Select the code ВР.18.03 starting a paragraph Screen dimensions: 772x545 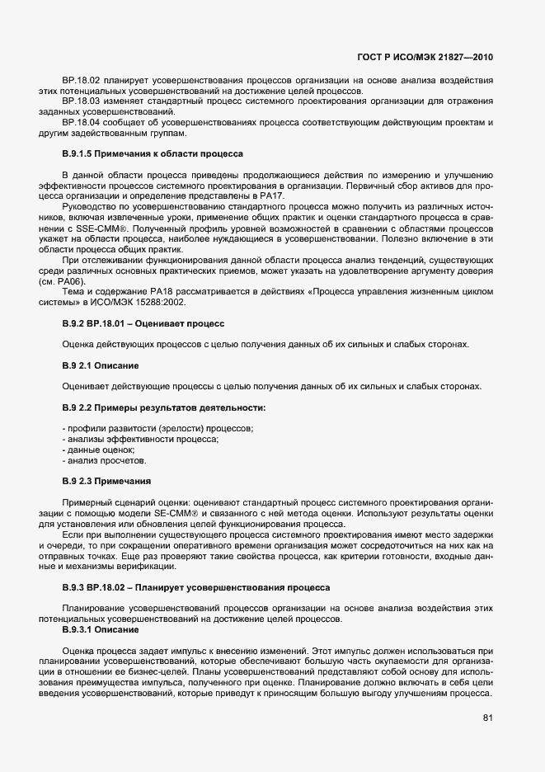[x=81, y=101]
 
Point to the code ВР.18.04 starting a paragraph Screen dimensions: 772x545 [x=81, y=123]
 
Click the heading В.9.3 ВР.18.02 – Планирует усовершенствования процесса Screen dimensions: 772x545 [x=196, y=587]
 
